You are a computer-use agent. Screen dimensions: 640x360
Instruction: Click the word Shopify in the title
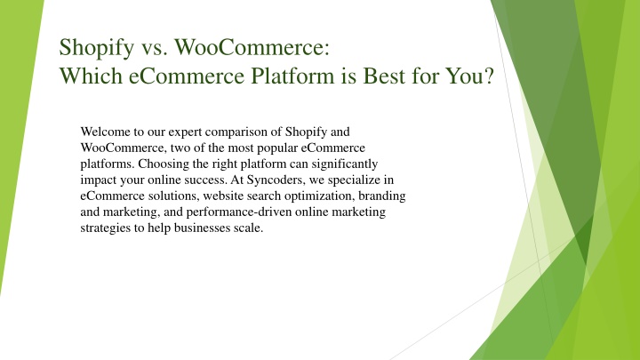click(97, 48)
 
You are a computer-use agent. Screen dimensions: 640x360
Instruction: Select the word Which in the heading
click(91, 76)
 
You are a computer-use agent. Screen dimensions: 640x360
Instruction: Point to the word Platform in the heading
click(292, 76)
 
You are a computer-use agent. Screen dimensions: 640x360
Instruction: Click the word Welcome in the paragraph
click(105, 132)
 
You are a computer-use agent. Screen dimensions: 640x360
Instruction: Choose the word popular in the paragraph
click(277, 148)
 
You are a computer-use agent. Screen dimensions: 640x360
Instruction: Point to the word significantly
click(345, 164)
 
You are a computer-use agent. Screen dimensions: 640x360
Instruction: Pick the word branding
click(382, 196)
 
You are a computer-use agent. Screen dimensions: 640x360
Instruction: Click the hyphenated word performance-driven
click(239, 212)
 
